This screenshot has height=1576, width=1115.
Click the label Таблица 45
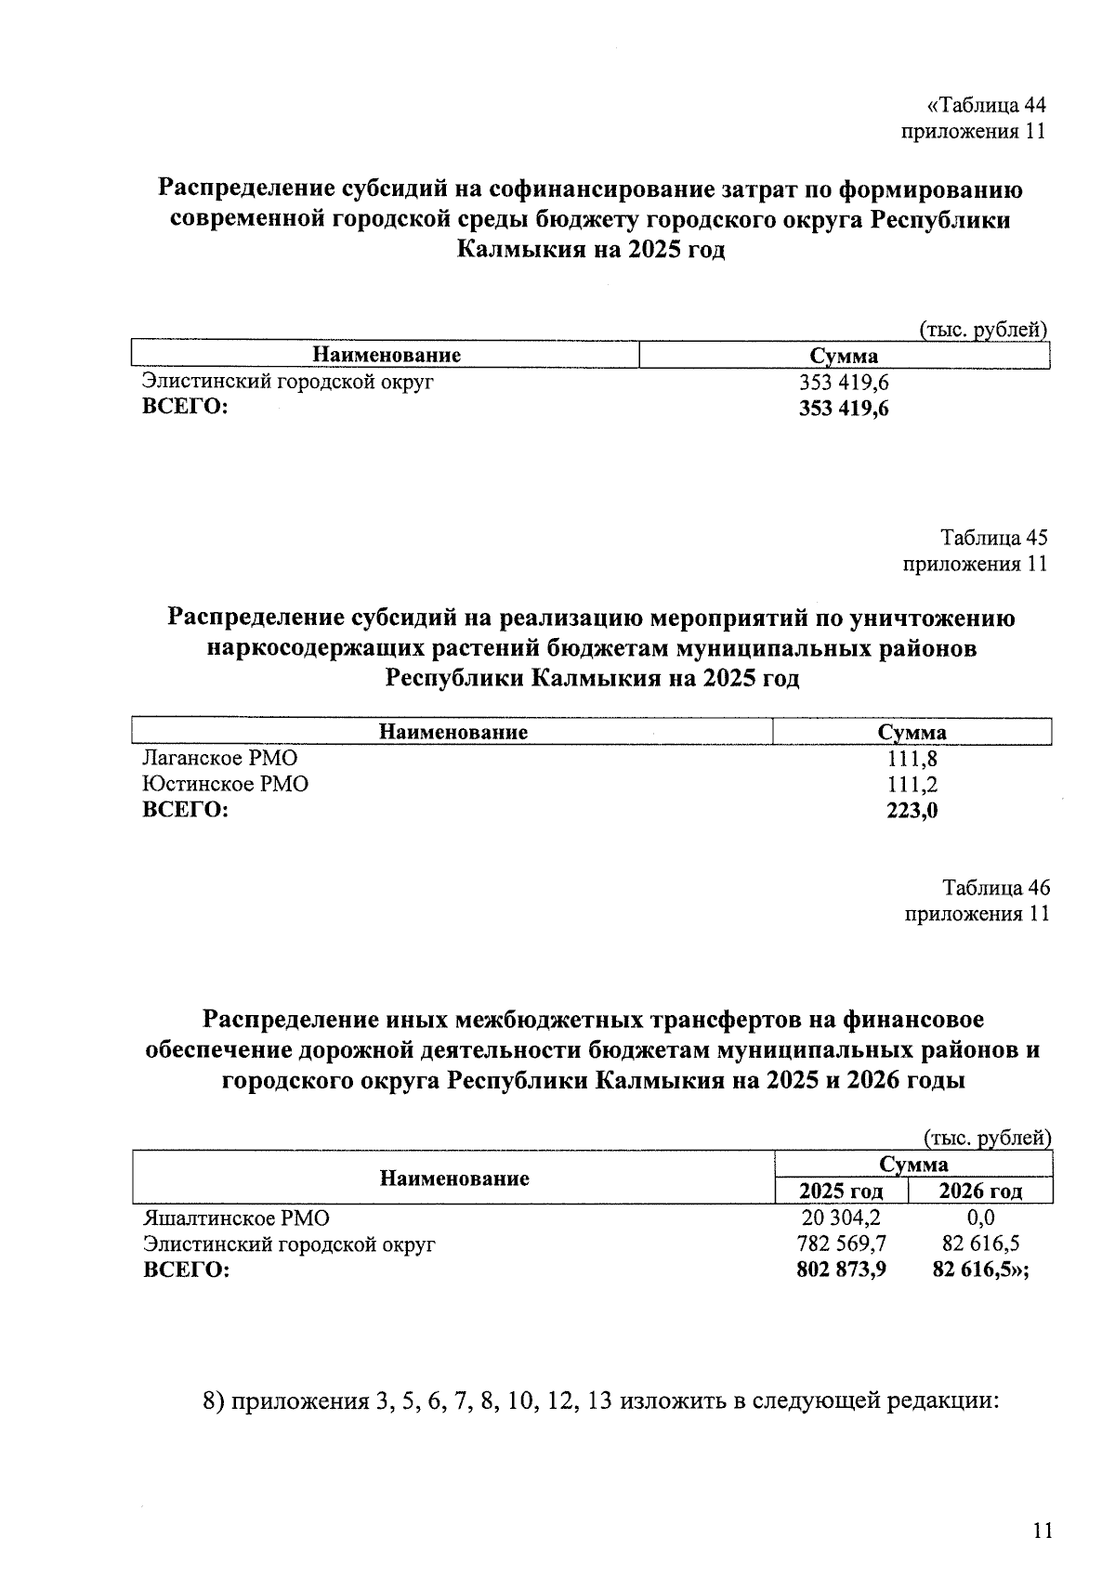point(994,538)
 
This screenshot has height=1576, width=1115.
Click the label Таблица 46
point(996,887)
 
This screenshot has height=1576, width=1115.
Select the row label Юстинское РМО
point(225,784)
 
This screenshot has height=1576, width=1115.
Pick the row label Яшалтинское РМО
point(236,1218)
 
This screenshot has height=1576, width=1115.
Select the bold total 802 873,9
point(841,1270)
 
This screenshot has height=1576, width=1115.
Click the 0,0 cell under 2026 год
point(980,1218)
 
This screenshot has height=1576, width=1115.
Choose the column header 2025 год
point(841,1192)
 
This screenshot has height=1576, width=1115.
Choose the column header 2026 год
point(980,1192)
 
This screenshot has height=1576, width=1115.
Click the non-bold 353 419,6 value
point(844,382)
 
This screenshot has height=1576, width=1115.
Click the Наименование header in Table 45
point(453,732)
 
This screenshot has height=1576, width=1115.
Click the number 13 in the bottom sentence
point(600,1400)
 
